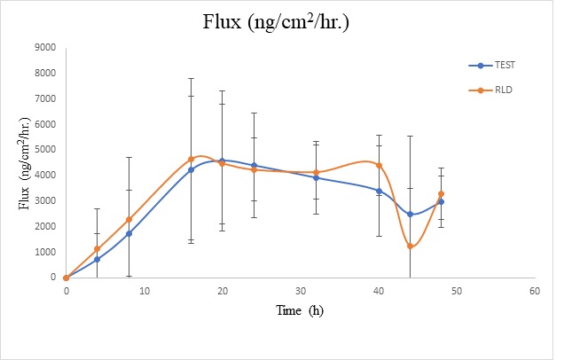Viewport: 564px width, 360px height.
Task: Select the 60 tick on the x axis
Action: click(535, 291)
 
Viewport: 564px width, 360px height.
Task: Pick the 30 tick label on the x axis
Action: click(301, 291)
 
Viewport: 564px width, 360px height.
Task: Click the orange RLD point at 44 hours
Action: click(410, 247)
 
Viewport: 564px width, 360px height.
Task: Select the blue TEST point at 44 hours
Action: click(410, 215)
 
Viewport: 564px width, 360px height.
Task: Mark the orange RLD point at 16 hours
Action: click(191, 160)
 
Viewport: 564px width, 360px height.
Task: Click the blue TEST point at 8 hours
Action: click(129, 234)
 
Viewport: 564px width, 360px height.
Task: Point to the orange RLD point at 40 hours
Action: click(379, 166)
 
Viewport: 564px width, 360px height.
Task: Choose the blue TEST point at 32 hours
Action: click(316, 178)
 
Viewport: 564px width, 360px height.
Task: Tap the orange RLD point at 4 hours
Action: click(98, 249)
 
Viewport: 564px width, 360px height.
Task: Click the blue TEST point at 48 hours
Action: click(441, 202)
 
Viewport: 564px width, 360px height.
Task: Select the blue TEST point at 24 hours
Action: click(254, 166)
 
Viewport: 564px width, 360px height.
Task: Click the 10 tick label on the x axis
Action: click(145, 291)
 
